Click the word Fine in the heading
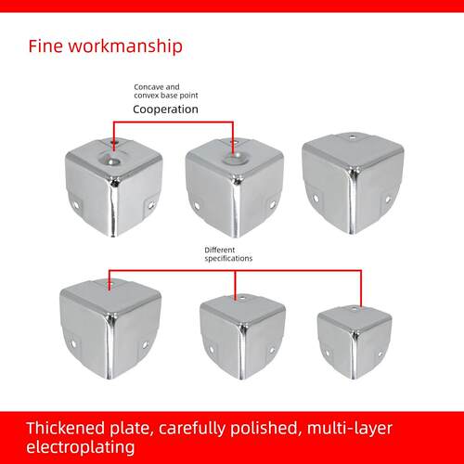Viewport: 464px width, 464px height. (45, 46)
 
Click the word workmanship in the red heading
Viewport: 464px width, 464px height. (125, 47)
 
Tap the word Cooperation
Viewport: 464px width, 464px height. (165, 110)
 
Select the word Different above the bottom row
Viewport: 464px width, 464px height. (220, 250)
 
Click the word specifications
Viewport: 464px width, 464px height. (228, 259)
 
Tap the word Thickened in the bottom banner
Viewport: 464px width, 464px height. (66, 428)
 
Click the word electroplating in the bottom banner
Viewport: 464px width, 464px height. (81, 447)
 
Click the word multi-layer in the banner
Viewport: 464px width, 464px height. (350, 430)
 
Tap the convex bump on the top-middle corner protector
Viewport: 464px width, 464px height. (235, 158)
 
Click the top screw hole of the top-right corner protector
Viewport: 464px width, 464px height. (353, 136)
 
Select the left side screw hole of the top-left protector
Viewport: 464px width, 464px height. (76, 204)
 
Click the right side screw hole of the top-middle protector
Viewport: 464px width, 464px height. (273, 204)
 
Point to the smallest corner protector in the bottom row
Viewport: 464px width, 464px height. (354, 342)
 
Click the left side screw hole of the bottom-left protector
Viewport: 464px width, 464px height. (73, 343)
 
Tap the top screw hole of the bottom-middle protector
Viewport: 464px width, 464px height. (243, 299)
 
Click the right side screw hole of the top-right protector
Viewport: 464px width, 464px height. (388, 200)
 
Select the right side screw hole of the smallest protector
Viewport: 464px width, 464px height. (380, 354)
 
